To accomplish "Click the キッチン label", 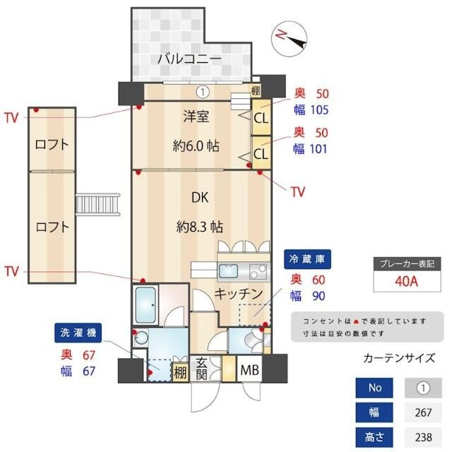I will pyautogui.click(x=239, y=292).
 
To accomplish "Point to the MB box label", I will pyautogui.click(x=249, y=370).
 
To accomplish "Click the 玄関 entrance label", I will pyautogui.click(x=200, y=369).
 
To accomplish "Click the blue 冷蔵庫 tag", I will pyautogui.click(x=307, y=259).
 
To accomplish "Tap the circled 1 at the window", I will pyautogui.click(x=203, y=91).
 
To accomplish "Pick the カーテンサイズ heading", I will pyautogui.click(x=399, y=358).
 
